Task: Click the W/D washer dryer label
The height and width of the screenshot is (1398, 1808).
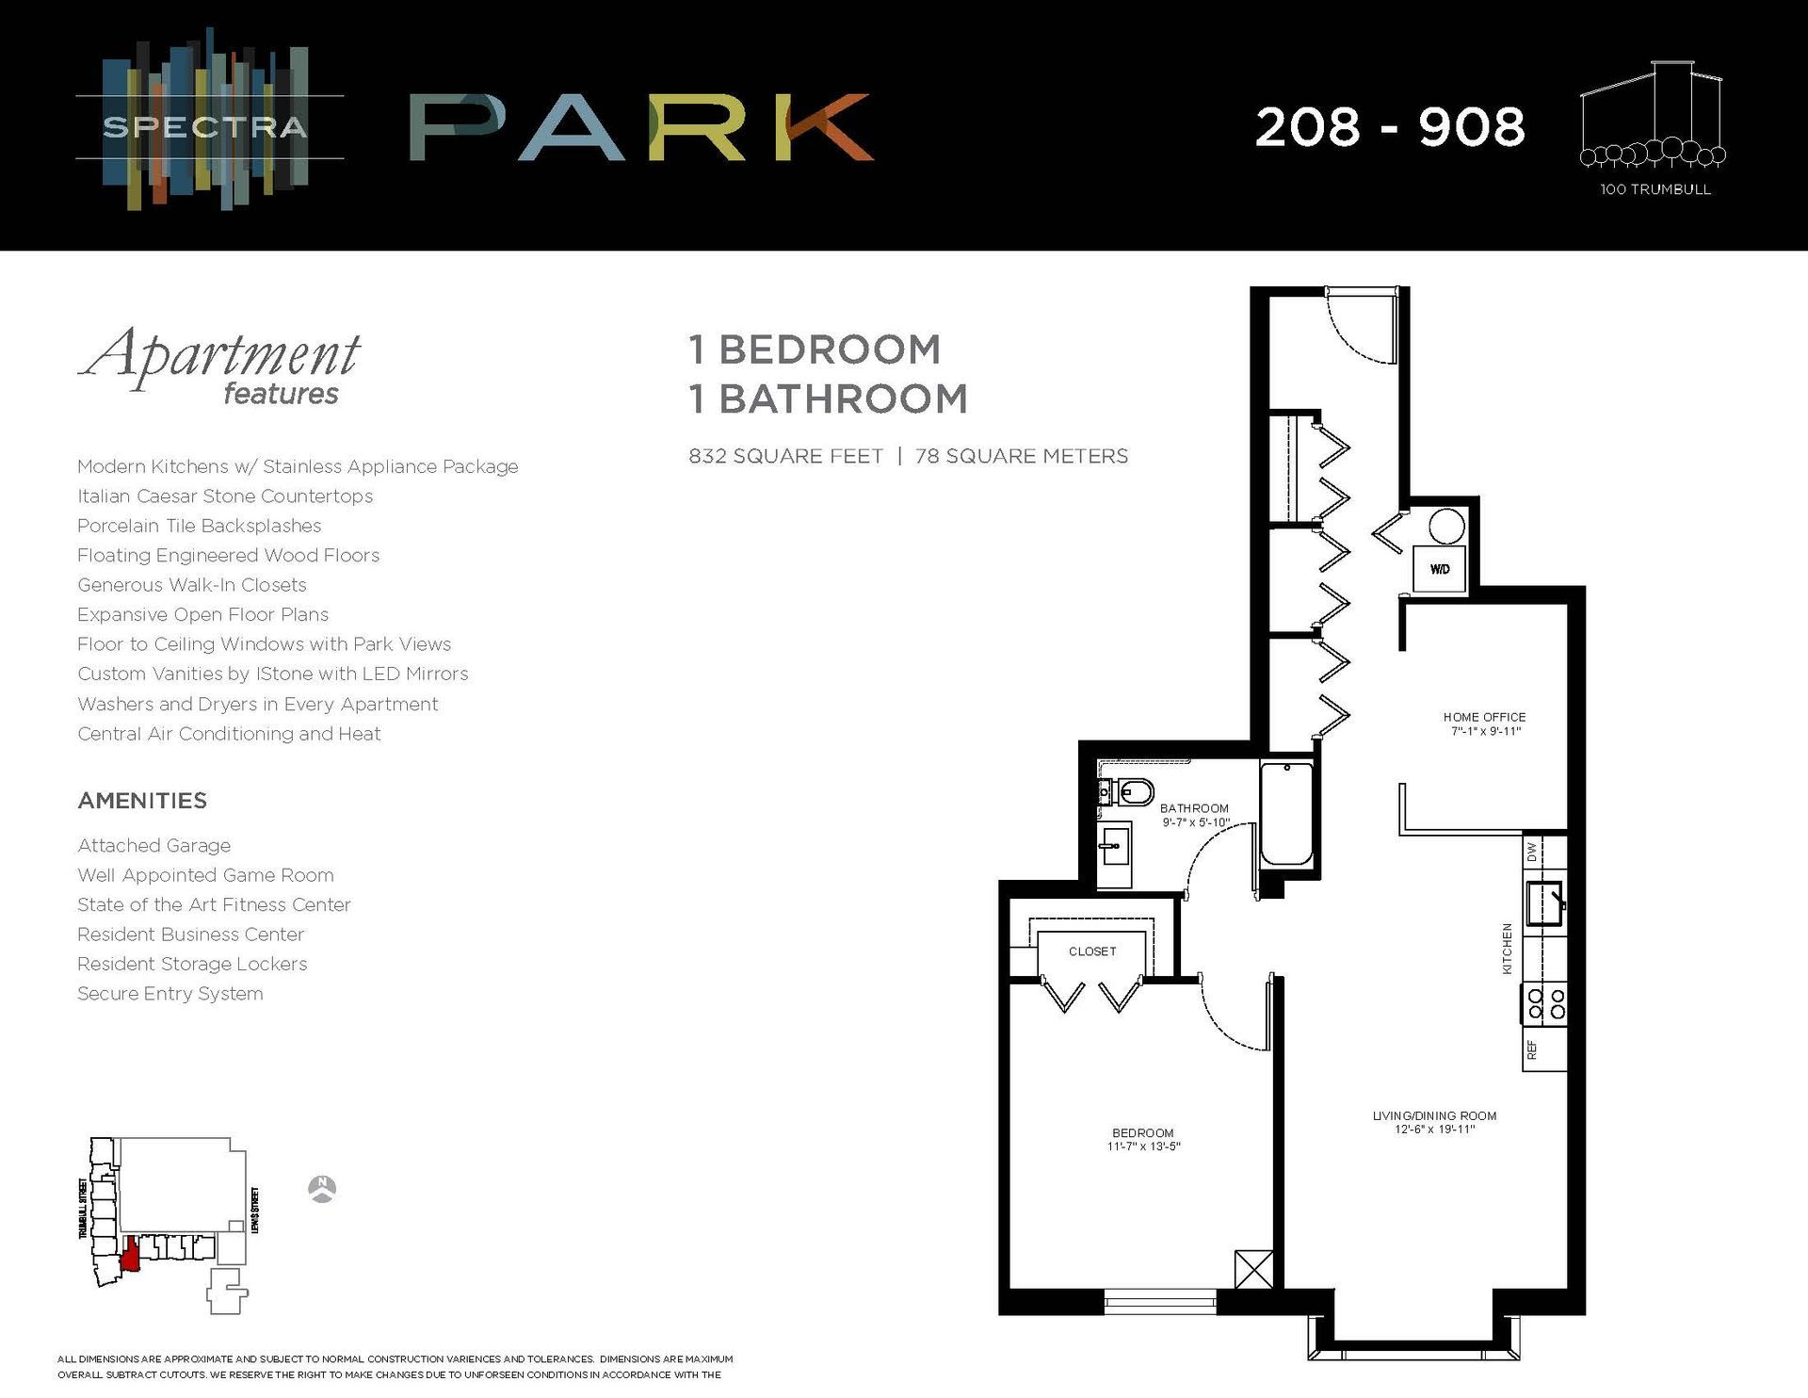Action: [1440, 569]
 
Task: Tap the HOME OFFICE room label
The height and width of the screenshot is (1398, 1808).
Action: [1484, 717]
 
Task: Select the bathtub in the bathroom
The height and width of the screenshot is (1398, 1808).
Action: [1285, 814]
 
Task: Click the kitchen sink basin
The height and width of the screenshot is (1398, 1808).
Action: [1543, 903]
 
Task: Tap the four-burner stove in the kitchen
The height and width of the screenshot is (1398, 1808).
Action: [1544, 1003]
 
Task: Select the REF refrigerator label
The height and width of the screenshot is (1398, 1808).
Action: [1532, 1049]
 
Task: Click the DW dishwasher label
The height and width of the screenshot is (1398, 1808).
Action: [1532, 852]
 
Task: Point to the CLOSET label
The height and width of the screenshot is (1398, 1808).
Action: [1092, 951]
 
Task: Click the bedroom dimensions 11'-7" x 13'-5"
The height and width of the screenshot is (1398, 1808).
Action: [1143, 1146]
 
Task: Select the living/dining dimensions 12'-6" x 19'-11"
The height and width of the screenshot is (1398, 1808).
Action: [1434, 1130]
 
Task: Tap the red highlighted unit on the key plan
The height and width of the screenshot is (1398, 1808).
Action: [130, 1255]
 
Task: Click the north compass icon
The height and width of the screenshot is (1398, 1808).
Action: [323, 1189]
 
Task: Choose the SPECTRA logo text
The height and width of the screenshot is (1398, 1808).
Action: [204, 127]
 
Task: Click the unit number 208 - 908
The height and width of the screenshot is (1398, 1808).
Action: [1389, 127]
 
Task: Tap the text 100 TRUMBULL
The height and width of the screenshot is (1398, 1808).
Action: [1655, 189]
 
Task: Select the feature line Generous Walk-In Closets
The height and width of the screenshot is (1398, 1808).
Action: [192, 585]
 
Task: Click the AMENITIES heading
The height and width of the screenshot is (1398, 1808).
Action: [142, 801]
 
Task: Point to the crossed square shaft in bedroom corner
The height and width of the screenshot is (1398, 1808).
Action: [1254, 1269]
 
